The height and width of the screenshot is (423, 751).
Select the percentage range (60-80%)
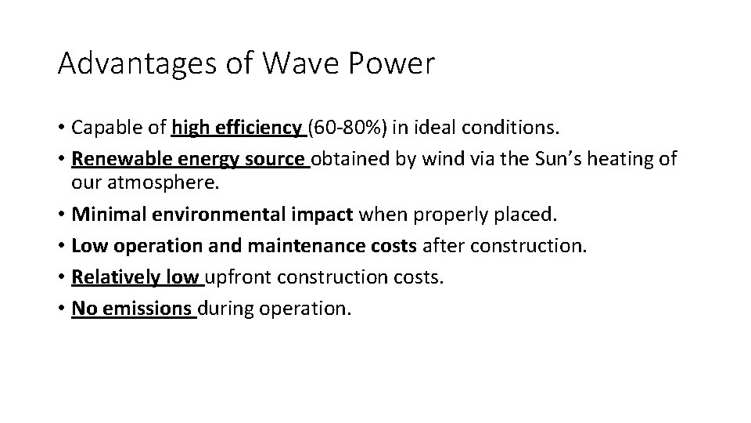pyautogui.click(x=350, y=127)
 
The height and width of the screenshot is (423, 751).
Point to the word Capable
pyautogui.click(x=102, y=127)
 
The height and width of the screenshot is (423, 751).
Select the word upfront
pyautogui.click(x=238, y=278)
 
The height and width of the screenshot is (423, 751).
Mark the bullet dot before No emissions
pyautogui.click(x=61, y=309)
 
